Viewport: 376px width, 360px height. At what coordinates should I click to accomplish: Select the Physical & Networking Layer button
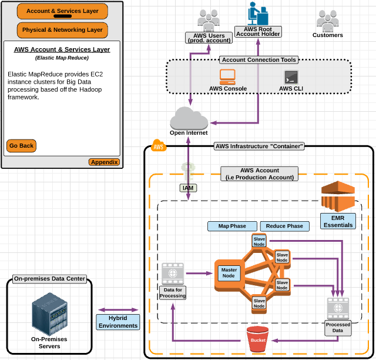pos(62,29)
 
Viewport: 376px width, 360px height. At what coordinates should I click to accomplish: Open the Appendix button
pos(104,162)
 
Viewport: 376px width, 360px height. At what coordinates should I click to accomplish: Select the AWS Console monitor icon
pos(227,76)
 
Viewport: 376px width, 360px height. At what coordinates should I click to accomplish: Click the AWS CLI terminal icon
pos(291,77)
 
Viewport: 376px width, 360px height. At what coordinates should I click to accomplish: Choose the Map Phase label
pos(232,226)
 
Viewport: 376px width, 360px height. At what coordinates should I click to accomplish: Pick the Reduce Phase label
pos(284,226)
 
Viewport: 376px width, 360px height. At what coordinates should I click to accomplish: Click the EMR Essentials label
pos(338,221)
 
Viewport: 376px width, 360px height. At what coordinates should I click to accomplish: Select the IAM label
pos(188,188)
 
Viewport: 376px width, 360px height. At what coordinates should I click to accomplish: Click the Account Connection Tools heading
pos(259,60)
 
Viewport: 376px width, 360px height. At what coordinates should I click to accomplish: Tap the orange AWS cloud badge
pos(158,146)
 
